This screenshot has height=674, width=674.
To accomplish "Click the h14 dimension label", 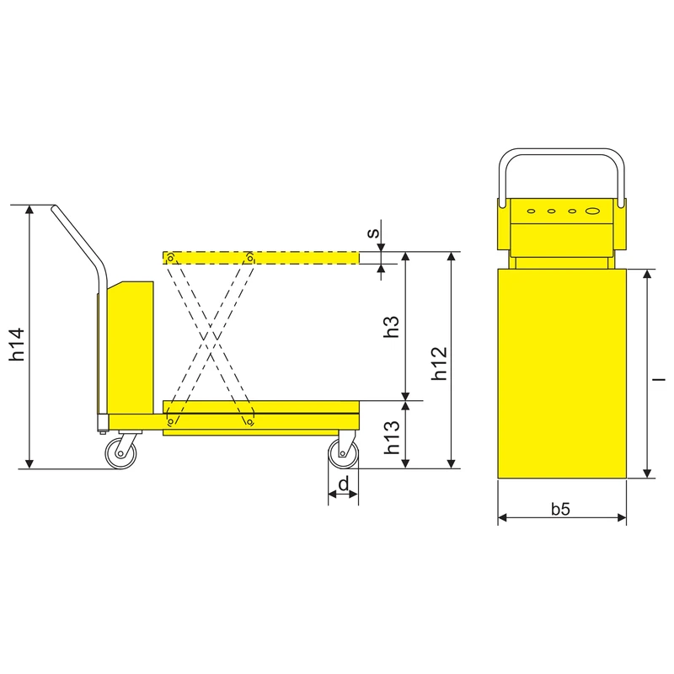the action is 17,345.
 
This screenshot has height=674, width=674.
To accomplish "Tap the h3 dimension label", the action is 391,327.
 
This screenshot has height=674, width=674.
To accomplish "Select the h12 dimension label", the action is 439,364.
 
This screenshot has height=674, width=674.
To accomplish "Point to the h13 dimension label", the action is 392,437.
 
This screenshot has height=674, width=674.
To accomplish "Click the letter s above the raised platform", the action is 373,233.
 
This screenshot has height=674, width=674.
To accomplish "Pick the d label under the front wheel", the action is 344,484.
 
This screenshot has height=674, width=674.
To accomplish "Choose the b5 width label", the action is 560,509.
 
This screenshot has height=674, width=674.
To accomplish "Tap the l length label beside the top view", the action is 659,380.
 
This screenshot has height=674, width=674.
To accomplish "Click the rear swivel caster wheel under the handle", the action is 120,453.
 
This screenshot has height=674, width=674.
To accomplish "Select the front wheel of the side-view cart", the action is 343,454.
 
